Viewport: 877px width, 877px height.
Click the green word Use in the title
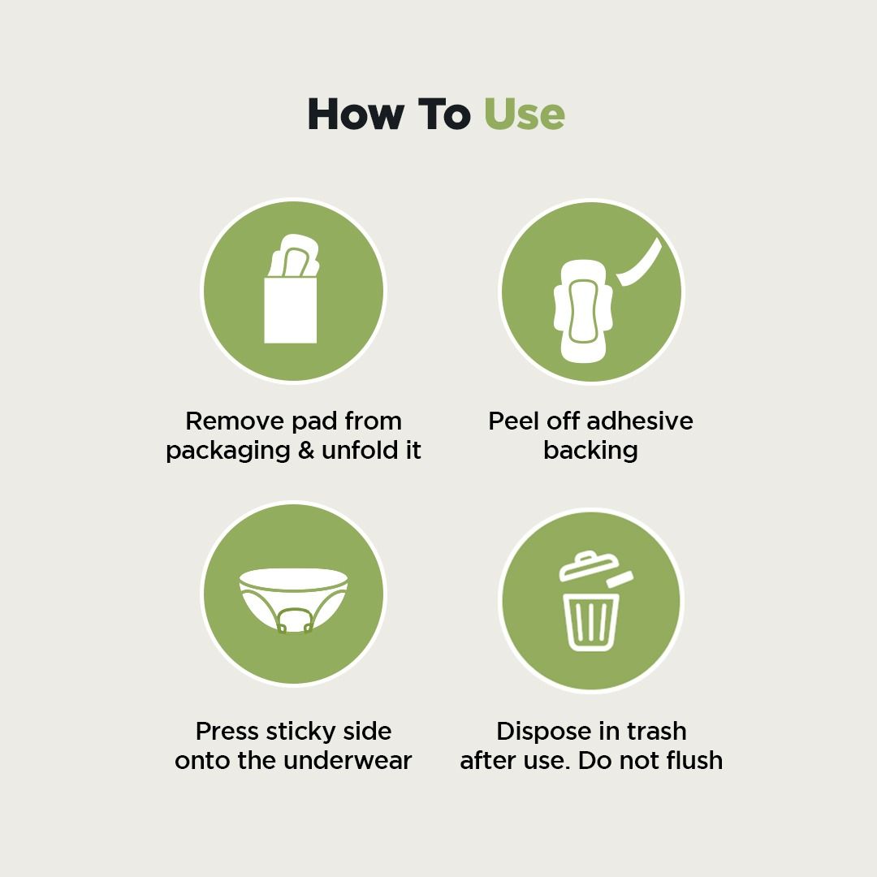[x=524, y=114]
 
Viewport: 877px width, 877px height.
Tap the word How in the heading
[x=356, y=114]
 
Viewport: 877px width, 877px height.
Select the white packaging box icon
[x=290, y=309]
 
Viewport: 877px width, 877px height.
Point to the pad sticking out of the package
[x=294, y=256]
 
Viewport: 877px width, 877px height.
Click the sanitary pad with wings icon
[x=583, y=311]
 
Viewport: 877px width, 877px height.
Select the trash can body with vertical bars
[x=590, y=622]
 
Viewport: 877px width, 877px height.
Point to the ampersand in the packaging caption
[x=306, y=450]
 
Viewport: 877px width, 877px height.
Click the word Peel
[x=513, y=421]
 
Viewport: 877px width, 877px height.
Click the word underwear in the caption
[x=348, y=761]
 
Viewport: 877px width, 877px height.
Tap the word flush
[x=693, y=761]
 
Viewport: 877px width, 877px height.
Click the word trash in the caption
[x=657, y=732]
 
